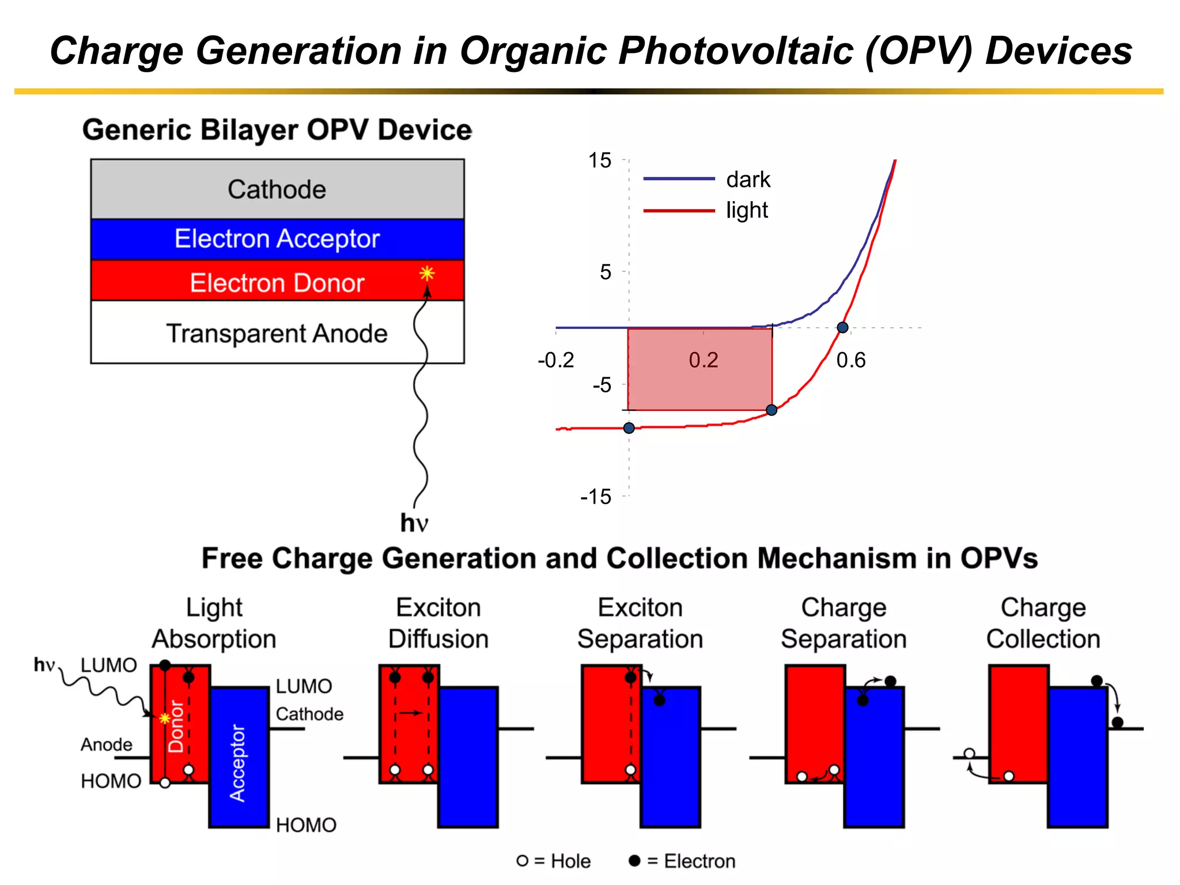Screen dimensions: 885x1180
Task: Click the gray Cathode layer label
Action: pyautogui.click(x=277, y=190)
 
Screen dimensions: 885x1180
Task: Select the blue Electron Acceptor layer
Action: pyautogui.click(x=277, y=239)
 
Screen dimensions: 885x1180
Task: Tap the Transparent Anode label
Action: pyautogui.click(x=277, y=334)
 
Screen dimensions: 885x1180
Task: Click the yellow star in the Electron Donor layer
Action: pyautogui.click(x=427, y=273)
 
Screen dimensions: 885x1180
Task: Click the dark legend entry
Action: pyautogui.click(x=747, y=180)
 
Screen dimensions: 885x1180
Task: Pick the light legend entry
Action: pyautogui.click(x=746, y=210)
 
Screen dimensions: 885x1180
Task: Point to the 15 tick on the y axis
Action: pyautogui.click(x=599, y=160)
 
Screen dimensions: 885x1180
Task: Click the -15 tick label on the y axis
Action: pyautogui.click(x=596, y=497)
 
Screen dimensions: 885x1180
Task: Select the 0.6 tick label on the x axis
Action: pyautogui.click(x=850, y=361)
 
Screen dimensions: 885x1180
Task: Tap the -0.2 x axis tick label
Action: pyautogui.click(x=555, y=361)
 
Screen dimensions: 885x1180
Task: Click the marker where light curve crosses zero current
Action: pyautogui.click(x=842, y=328)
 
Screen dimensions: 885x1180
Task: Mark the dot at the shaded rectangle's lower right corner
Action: pyautogui.click(x=771, y=410)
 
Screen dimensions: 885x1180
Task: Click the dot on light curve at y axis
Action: pyautogui.click(x=629, y=428)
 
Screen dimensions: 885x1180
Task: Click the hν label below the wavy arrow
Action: pyautogui.click(x=414, y=523)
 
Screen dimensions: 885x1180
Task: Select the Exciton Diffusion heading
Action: pyautogui.click(x=438, y=623)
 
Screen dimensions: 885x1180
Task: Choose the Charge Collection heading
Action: pyautogui.click(x=1043, y=623)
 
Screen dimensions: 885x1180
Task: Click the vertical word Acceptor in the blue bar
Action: pyautogui.click(x=237, y=763)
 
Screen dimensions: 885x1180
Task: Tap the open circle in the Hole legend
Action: pyautogui.click(x=523, y=861)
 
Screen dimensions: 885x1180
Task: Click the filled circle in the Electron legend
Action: pyautogui.click(x=634, y=861)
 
